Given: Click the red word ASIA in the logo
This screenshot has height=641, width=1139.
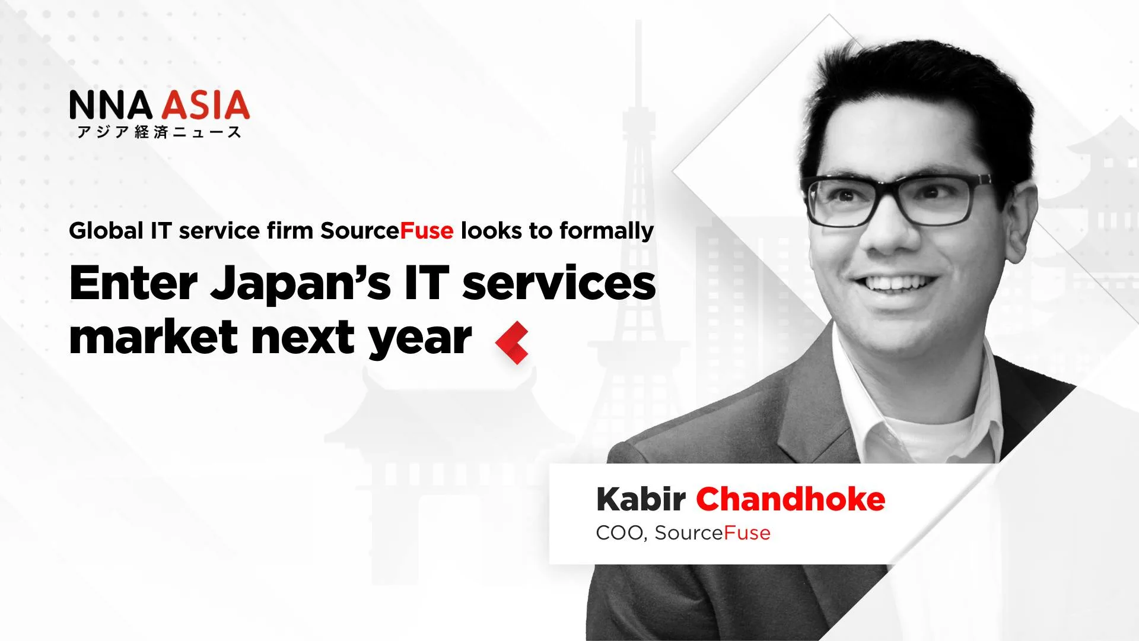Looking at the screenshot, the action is pyautogui.click(x=206, y=105).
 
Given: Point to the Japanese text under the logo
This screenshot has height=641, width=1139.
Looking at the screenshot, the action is pyautogui.click(x=159, y=132).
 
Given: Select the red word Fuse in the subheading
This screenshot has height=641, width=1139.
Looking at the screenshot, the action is pyautogui.click(x=427, y=230).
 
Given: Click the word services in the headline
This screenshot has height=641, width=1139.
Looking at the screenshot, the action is pyautogui.click(x=559, y=284).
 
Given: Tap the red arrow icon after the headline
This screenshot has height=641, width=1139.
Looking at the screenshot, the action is pyautogui.click(x=512, y=342).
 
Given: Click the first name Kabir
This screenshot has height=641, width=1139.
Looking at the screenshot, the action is pyautogui.click(x=641, y=499).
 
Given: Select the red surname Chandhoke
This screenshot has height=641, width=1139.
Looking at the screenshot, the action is pyautogui.click(x=790, y=499).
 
